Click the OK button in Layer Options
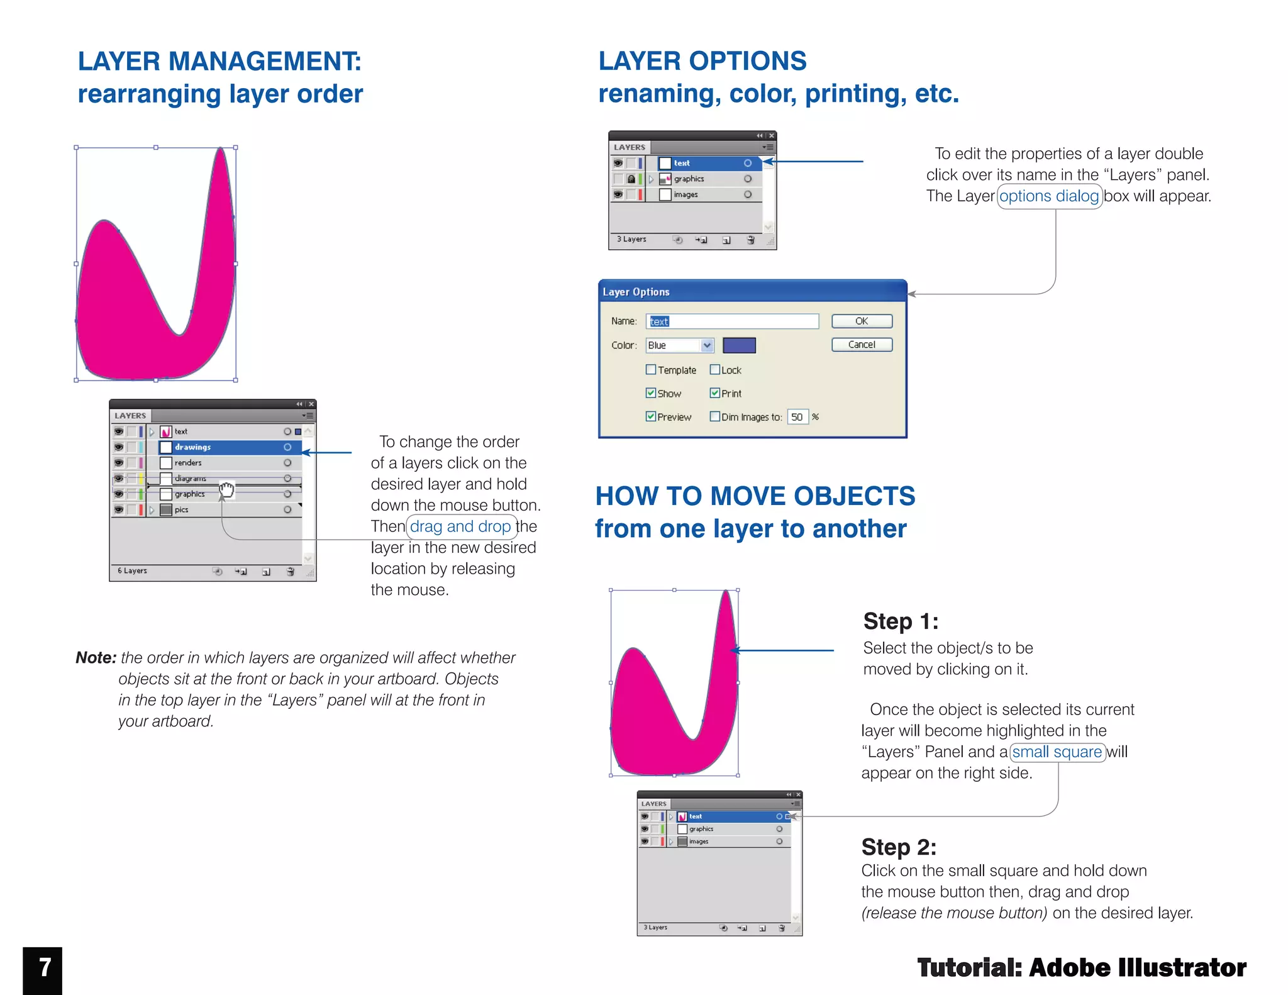pos(861,321)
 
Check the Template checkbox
pos(651,370)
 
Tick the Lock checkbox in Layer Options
pos(715,370)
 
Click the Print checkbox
pos(715,393)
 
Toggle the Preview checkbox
pos(651,416)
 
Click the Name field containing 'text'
pos(732,321)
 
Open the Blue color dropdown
pos(707,345)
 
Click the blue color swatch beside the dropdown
pos(739,345)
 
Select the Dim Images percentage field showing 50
pos(797,417)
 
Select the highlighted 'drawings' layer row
pos(226,447)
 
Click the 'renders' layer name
pos(188,463)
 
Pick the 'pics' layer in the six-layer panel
pos(182,510)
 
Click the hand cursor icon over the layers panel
pos(226,490)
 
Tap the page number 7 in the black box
pos(43,969)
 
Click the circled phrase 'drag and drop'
pos(460,526)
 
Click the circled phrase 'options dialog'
pos(1049,196)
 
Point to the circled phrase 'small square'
pos(1057,752)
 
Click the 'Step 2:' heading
pos(899,847)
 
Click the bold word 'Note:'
pos(96,658)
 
